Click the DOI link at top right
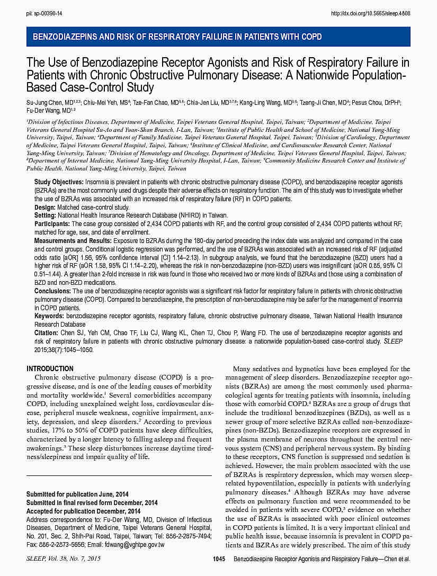[370, 13]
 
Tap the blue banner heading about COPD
[177, 37]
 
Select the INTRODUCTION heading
[50, 368]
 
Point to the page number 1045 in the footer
[219, 559]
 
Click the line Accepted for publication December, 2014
[84, 511]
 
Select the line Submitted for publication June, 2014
[77, 494]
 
